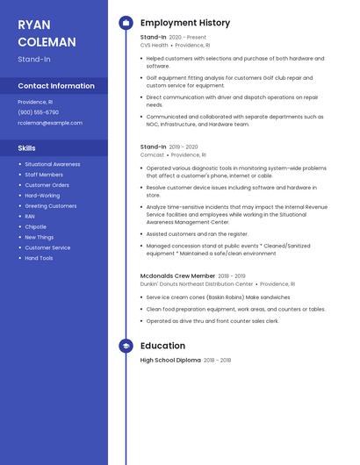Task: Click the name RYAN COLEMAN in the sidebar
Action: click(x=47, y=33)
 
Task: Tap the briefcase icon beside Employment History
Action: click(x=126, y=23)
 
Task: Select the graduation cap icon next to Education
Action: click(x=126, y=346)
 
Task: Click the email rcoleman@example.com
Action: click(x=50, y=123)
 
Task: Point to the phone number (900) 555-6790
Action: click(x=39, y=112)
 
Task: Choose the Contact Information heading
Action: click(x=56, y=86)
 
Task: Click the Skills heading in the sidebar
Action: click(x=27, y=148)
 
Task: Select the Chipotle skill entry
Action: click(x=36, y=226)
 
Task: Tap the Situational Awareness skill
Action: click(x=52, y=164)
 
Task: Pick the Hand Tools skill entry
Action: click(x=39, y=258)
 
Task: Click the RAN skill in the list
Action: click(x=30, y=216)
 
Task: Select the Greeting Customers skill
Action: click(x=50, y=205)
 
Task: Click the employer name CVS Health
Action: click(x=154, y=45)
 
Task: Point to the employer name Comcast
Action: click(x=152, y=154)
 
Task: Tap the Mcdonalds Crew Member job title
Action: click(x=177, y=275)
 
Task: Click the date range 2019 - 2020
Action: click(x=184, y=147)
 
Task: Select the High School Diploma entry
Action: click(x=170, y=360)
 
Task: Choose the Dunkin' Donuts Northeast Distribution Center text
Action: click(x=197, y=284)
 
